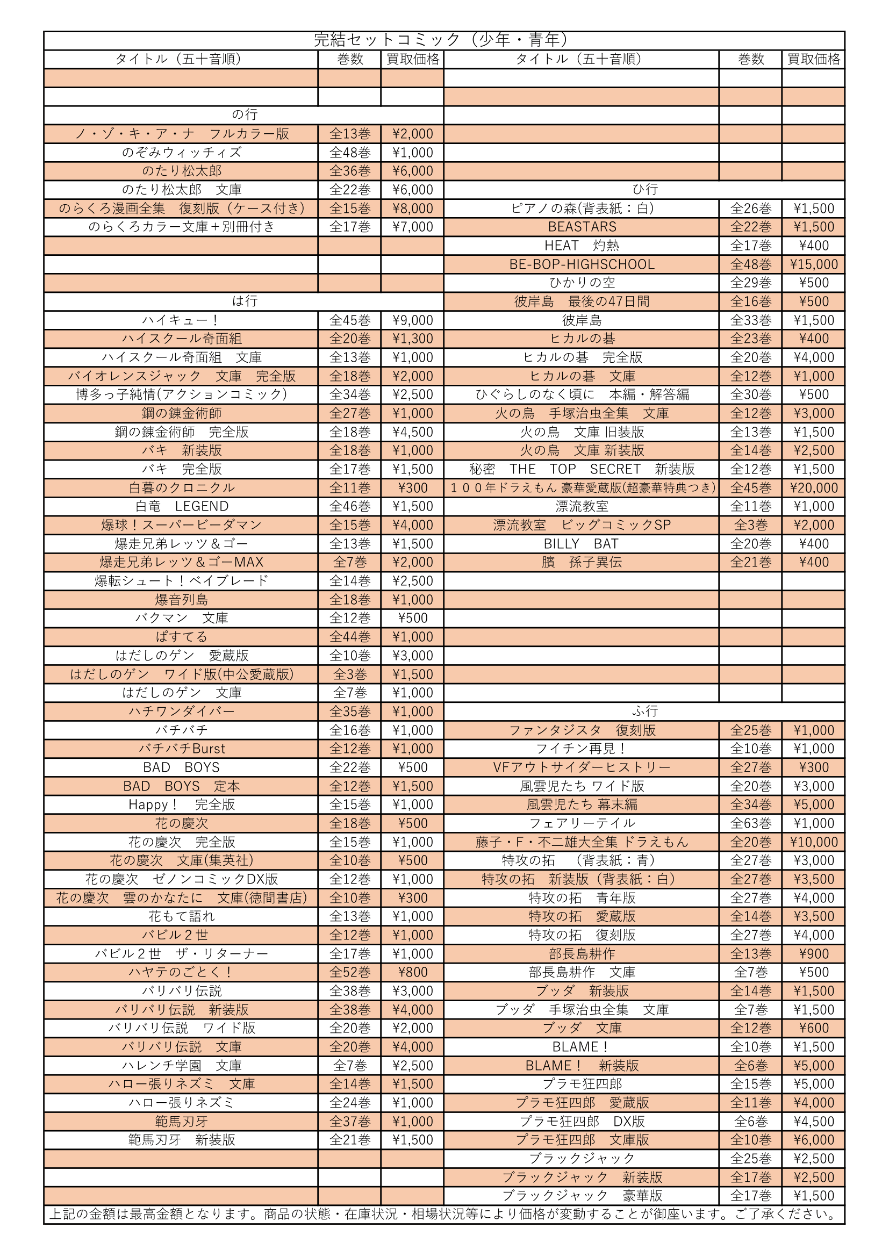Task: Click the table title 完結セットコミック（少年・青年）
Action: tap(443, 40)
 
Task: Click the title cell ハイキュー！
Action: tap(181, 320)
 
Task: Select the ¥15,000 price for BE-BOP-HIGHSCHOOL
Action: tap(813, 264)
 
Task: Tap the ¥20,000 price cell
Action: tap(813, 488)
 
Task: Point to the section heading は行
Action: tap(244, 301)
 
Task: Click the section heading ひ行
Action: tap(644, 189)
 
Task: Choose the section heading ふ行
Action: tap(644, 711)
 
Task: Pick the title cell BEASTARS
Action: tap(582, 227)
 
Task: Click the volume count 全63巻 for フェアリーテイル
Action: tap(750, 823)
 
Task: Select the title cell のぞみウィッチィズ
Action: tap(181, 153)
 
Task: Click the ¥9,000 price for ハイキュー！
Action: tap(412, 320)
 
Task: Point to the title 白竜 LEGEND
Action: tap(182, 506)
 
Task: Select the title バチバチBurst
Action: tap(182, 749)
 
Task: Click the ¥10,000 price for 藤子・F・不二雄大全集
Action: tap(813, 842)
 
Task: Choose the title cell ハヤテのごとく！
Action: tap(181, 972)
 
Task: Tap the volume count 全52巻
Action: tap(349, 972)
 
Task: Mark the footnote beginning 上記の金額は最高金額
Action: tap(443, 1215)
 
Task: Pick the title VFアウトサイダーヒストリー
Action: tap(582, 767)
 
